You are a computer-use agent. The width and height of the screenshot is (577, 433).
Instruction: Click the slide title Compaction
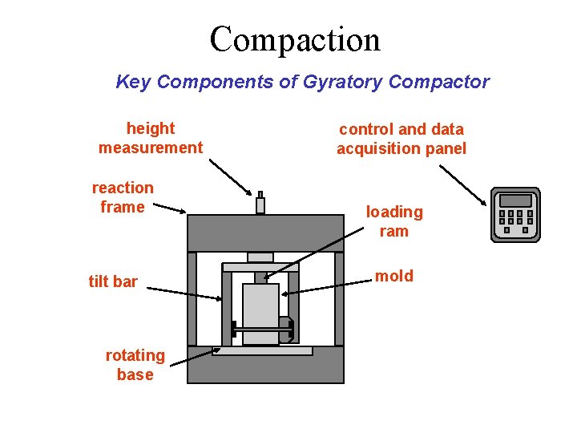pyautogui.click(x=295, y=39)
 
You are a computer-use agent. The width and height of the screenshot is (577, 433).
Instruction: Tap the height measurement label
pyautogui.click(x=151, y=138)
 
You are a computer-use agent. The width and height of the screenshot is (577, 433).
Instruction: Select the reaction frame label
pyautogui.click(x=123, y=197)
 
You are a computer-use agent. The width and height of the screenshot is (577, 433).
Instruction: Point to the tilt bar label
pyautogui.click(x=113, y=281)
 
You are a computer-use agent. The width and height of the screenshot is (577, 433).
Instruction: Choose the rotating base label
pyautogui.click(x=135, y=365)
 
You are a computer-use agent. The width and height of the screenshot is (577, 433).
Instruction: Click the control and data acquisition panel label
pyautogui.click(x=401, y=139)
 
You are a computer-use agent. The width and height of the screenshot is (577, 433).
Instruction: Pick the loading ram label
pyautogui.click(x=394, y=221)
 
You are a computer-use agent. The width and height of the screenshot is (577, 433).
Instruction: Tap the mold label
pyautogui.click(x=394, y=276)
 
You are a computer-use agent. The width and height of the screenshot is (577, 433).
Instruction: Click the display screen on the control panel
pyautogui.click(x=515, y=200)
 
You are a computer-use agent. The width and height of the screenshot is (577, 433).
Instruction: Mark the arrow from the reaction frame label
pyautogui.click(x=169, y=208)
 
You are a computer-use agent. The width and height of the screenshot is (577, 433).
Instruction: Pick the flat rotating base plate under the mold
pyautogui.click(x=263, y=351)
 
